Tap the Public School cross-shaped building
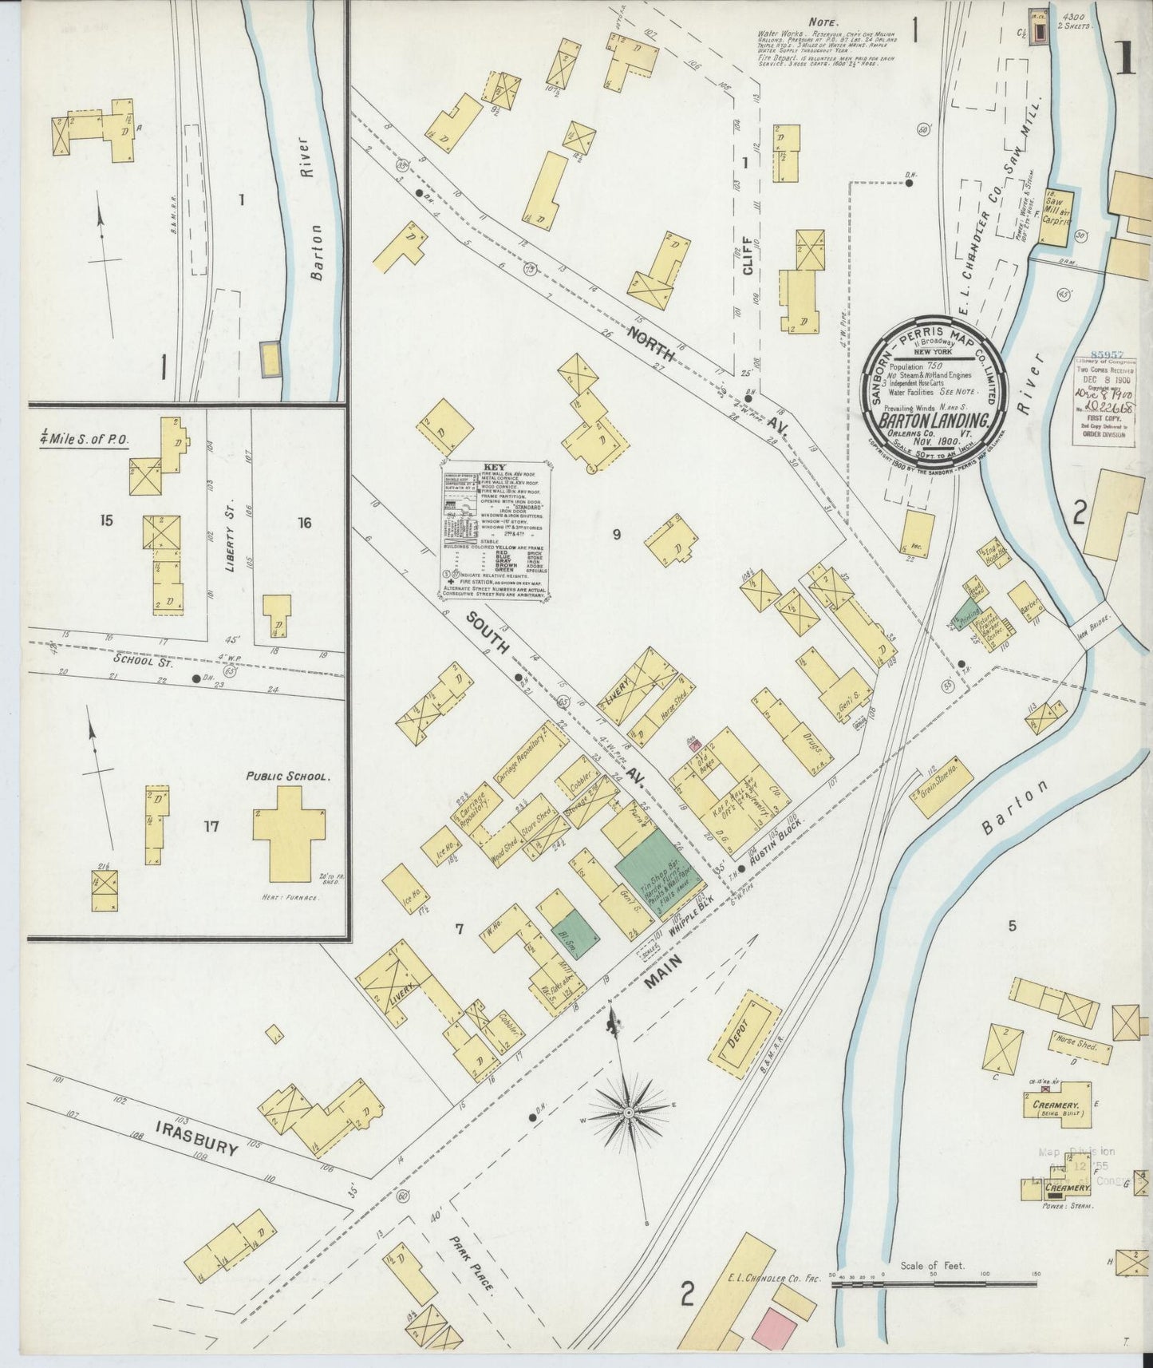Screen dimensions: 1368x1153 point(289,833)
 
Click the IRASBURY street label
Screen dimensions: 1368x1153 point(196,1138)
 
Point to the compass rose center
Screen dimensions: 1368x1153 point(630,1112)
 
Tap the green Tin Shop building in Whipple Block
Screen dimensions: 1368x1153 point(656,867)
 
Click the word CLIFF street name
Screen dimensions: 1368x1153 point(748,256)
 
